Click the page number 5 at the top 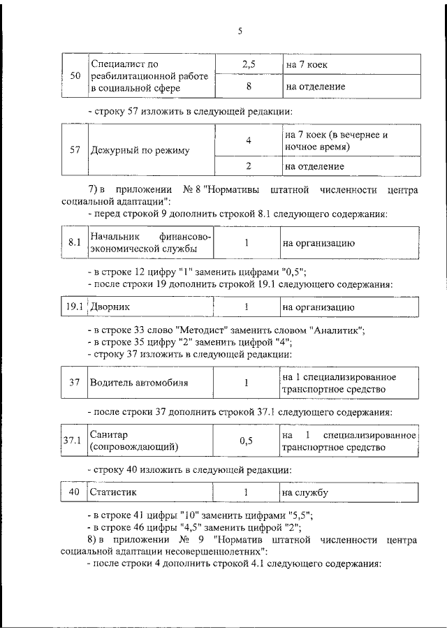click(239, 31)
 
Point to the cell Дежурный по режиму click(139, 150)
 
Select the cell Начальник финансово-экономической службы click(149, 243)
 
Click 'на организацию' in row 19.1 click(318, 307)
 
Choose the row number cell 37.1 click(73, 441)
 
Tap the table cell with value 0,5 click(246, 441)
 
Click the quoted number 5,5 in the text click(297, 516)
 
